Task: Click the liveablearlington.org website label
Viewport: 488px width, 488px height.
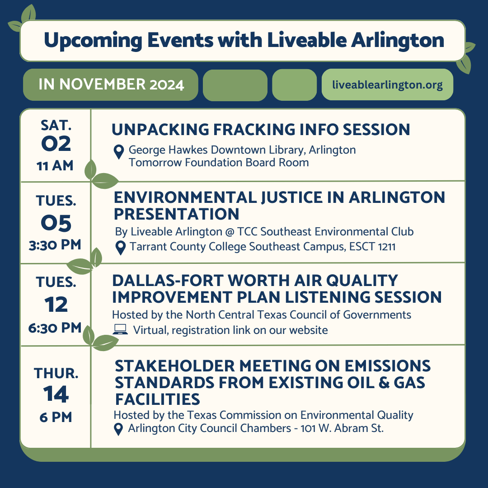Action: [387, 84]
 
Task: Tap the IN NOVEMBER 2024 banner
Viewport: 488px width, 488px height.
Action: [111, 84]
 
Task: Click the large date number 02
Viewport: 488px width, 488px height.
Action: [56, 144]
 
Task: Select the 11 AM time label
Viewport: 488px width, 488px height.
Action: [55, 166]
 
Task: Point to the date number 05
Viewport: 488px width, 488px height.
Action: [56, 223]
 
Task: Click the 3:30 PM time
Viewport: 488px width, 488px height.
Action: [55, 245]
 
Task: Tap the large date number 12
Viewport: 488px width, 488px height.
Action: [56, 305]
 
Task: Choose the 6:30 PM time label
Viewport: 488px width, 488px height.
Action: [55, 328]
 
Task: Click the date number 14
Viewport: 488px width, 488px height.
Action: [56, 394]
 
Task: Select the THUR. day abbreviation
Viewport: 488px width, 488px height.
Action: [56, 373]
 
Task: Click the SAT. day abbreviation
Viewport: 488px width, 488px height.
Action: [56, 124]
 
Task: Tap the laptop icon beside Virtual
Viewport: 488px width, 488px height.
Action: [120, 330]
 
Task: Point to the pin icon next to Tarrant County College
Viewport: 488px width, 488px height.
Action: [120, 248]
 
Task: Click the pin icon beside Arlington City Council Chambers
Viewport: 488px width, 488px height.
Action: [118, 429]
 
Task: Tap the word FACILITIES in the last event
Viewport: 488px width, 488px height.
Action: [157, 399]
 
